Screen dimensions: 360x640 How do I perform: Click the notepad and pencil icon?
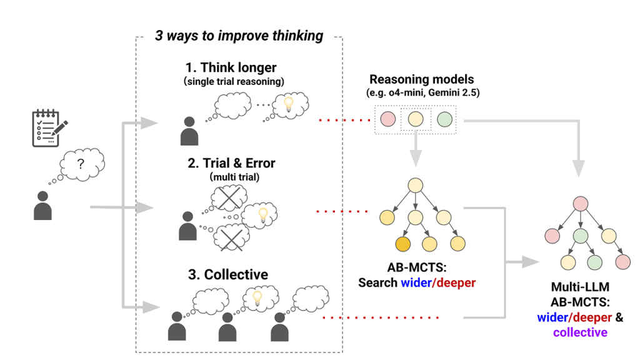(49, 128)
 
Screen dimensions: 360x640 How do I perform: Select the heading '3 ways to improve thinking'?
(239, 36)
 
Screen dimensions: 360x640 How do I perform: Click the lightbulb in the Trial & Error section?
(264, 214)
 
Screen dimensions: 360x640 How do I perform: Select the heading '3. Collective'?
(227, 274)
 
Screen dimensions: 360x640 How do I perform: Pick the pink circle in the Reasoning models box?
(387, 118)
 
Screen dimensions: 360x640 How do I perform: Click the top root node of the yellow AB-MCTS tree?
(417, 185)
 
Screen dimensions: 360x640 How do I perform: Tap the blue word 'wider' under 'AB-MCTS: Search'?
(416, 282)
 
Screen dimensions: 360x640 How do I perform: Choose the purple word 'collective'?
(579, 332)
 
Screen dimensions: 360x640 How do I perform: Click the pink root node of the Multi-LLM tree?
(580, 204)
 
